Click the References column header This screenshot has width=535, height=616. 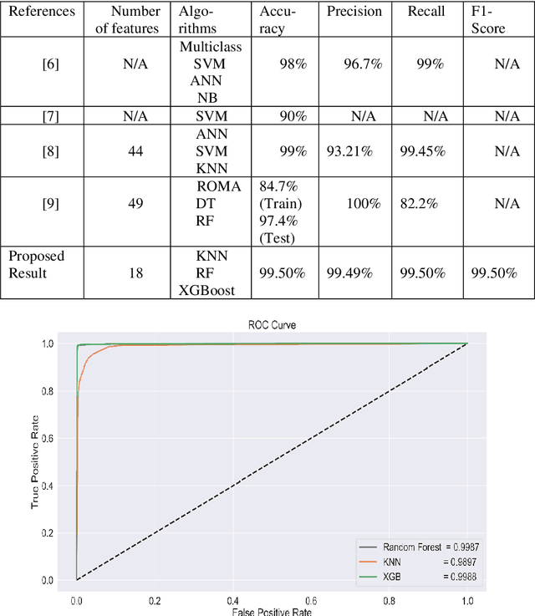point(42,12)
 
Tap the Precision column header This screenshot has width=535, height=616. point(355,12)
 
